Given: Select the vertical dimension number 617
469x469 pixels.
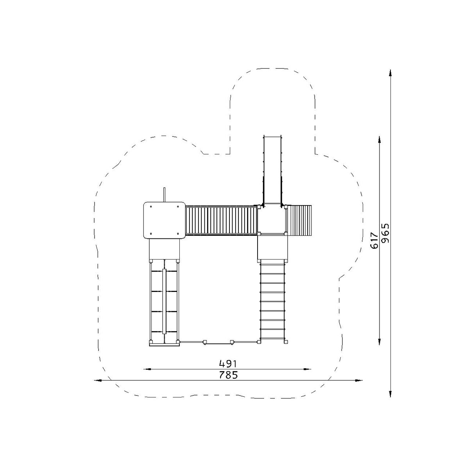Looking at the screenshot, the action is (374, 240).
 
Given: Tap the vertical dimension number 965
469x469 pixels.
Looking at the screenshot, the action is (385, 233).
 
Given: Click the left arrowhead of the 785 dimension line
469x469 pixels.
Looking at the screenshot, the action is (98, 380).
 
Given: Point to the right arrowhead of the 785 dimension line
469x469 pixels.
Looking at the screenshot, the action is (359, 380).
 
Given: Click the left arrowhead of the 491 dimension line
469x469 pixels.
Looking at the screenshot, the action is (147, 369).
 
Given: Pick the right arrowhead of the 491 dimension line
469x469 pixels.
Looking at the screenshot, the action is (308, 369).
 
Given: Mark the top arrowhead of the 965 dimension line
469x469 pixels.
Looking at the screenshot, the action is (390, 73).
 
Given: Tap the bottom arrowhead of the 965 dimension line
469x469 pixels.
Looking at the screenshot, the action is (390, 394).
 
